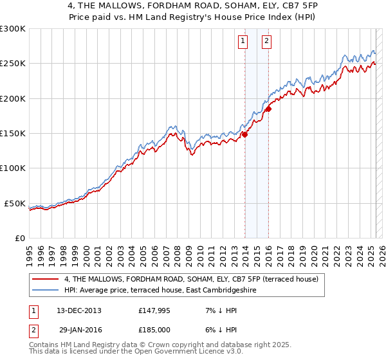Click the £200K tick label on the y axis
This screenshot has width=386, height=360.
pyautogui.click(x=12, y=98)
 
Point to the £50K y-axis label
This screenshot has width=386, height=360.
pyautogui.click(x=14, y=203)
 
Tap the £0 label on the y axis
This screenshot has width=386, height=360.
pyautogui.click(x=19, y=238)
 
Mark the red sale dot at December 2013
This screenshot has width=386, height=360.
pyautogui.click(x=245, y=134)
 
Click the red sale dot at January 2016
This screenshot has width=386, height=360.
pyautogui.click(x=268, y=109)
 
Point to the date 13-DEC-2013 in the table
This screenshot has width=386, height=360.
pyautogui.click(x=79, y=310)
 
